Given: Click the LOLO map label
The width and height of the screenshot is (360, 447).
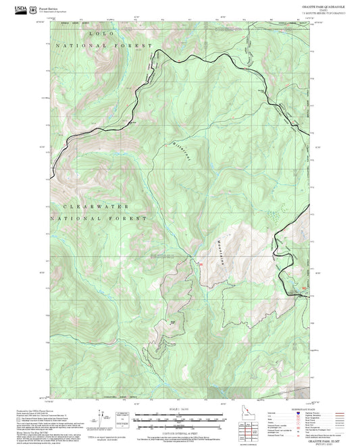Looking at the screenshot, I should (100, 32).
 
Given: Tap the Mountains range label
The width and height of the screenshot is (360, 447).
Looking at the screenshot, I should (221, 253).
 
